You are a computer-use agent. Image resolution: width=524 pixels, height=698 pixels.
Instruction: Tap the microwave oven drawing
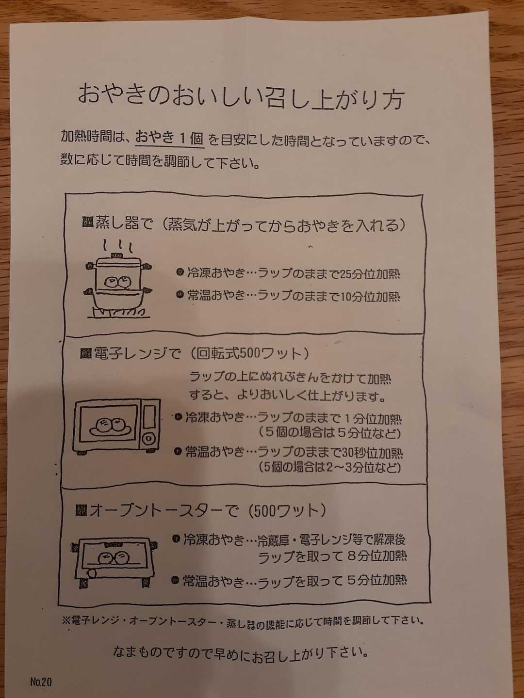click(117, 426)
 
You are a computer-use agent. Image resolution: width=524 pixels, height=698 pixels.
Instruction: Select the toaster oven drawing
click(114, 562)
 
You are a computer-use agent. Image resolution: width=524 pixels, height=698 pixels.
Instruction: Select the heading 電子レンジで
click(137, 354)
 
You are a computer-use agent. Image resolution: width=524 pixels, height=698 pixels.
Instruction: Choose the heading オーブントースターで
click(164, 511)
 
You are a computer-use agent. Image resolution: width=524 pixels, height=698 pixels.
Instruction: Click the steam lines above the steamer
click(118, 246)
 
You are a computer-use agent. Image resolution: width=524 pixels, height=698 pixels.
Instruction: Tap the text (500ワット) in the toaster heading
click(286, 511)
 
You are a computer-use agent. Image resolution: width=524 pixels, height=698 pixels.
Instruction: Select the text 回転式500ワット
click(248, 354)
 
